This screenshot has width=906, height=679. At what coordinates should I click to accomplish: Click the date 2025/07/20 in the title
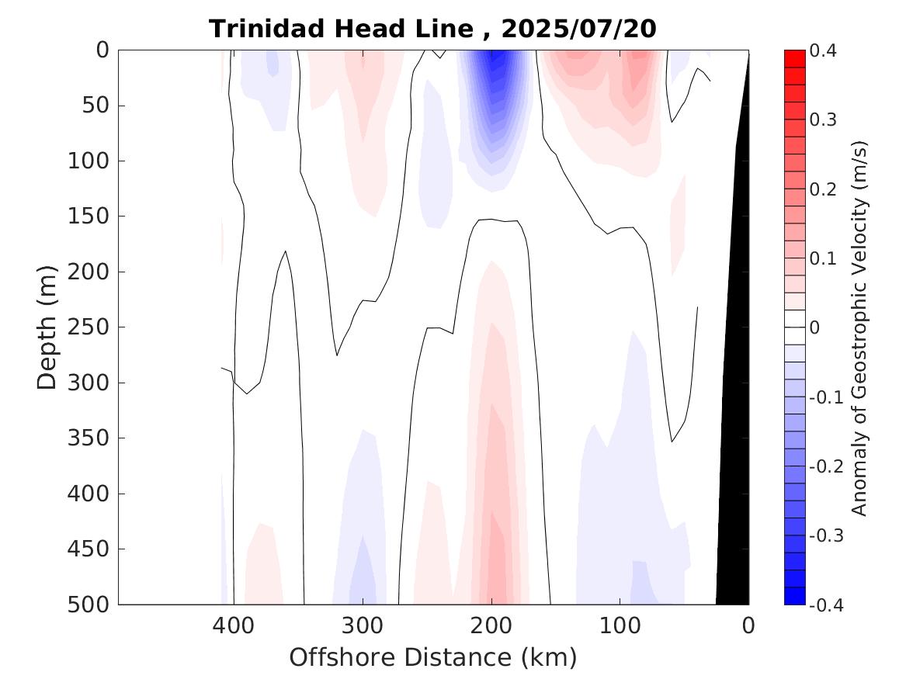tap(579, 29)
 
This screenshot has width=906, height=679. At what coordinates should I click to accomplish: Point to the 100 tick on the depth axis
tap(93, 161)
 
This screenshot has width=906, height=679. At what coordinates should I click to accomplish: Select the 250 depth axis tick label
tap(93, 327)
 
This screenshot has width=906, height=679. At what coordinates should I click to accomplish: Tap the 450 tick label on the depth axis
tap(93, 549)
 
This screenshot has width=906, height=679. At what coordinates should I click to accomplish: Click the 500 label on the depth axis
tap(93, 605)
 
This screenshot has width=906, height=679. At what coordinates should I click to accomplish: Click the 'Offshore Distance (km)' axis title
tap(433, 657)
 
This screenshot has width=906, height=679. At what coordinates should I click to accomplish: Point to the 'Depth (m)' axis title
tap(48, 327)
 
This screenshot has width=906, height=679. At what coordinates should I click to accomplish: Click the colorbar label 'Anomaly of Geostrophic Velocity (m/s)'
tap(859, 327)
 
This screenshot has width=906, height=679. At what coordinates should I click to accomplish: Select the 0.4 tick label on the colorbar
tap(824, 51)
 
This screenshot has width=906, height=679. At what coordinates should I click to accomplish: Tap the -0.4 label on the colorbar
tap(826, 605)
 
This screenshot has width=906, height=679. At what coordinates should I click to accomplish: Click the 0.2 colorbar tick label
tap(824, 189)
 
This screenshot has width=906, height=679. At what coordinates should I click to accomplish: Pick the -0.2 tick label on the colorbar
tap(826, 466)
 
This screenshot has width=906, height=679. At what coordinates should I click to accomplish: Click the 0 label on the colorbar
tap(814, 327)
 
